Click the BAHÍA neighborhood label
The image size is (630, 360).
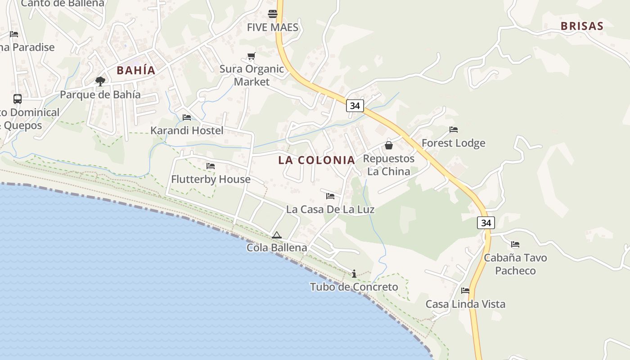tap(136, 70)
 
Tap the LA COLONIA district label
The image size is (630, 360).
tap(317, 160)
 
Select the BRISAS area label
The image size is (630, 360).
tap(582, 26)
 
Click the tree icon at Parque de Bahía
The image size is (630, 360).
tap(100, 81)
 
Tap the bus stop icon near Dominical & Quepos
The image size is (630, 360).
tap(18, 99)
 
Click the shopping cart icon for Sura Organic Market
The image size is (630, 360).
tap(252, 56)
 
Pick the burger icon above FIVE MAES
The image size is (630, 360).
tap(273, 13)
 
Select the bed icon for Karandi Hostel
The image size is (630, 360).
tap(187, 117)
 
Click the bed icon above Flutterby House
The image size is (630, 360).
tap(211, 166)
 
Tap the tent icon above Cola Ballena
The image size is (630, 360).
tap(277, 235)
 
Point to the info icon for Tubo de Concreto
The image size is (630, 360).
tap(354, 274)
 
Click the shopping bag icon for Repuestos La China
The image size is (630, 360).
tap(389, 145)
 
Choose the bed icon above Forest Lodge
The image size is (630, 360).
tap(454, 130)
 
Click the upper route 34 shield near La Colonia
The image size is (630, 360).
tap(355, 106)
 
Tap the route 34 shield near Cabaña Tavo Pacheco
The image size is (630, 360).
tap(486, 223)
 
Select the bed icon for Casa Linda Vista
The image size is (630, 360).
tap(465, 291)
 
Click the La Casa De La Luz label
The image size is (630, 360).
tap(330, 209)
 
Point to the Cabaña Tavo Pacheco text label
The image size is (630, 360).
tap(515, 264)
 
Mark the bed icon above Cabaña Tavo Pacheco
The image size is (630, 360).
tap(515, 244)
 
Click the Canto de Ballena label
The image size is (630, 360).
tap(63, 4)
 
